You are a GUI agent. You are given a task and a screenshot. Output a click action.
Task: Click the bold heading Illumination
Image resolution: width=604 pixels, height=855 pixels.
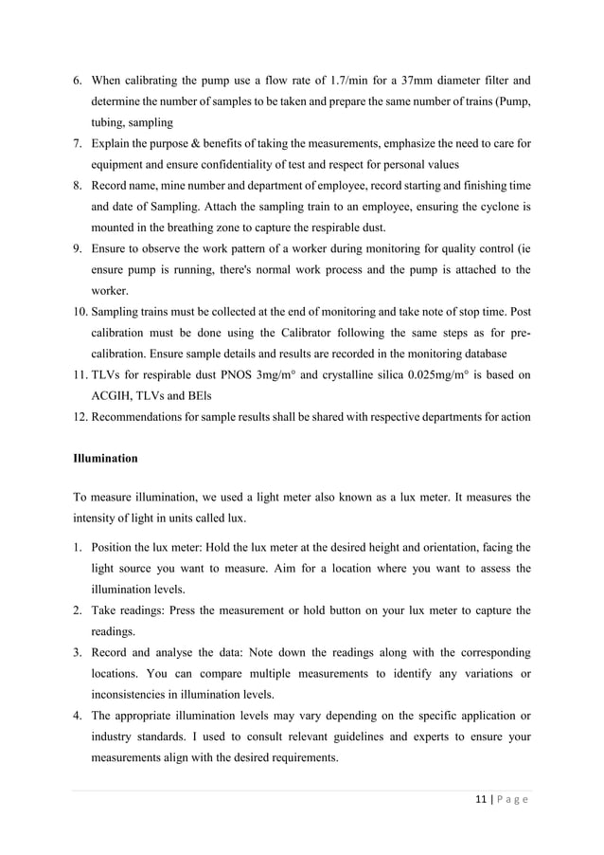pos(105,459)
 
